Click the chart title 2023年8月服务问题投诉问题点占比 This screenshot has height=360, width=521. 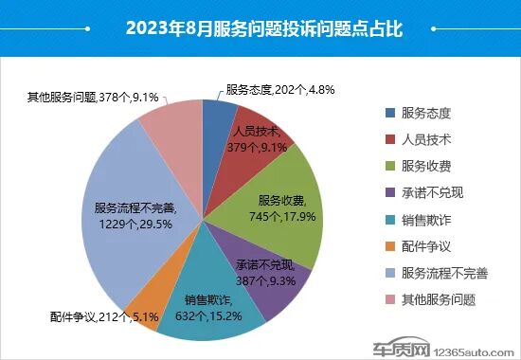[x=260, y=28]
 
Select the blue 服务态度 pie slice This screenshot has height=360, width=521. [x=217, y=114]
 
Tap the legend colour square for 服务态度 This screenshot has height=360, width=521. [x=386, y=112]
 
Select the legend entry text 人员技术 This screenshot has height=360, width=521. [x=425, y=139]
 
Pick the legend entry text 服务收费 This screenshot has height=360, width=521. [x=425, y=166]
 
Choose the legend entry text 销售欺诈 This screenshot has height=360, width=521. [x=425, y=220]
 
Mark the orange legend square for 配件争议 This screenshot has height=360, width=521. [x=386, y=246]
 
